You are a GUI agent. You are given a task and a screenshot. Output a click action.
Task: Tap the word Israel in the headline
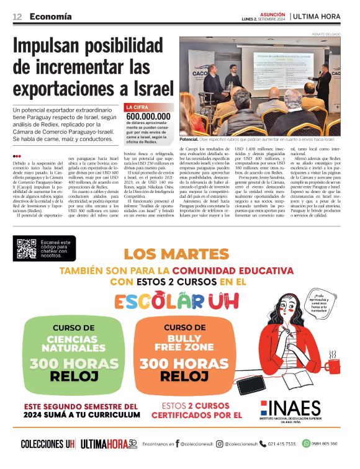click(x=149, y=89)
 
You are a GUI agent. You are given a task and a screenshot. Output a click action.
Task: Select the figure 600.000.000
click(x=148, y=116)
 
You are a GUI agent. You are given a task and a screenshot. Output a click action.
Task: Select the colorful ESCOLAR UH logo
click(x=180, y=301)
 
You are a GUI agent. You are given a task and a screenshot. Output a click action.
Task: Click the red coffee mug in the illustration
click(x=333, y=364)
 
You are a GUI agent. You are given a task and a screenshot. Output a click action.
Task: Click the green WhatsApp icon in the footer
click(x=306, y=444)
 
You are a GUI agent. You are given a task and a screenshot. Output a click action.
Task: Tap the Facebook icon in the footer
click(x=178, y=444)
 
